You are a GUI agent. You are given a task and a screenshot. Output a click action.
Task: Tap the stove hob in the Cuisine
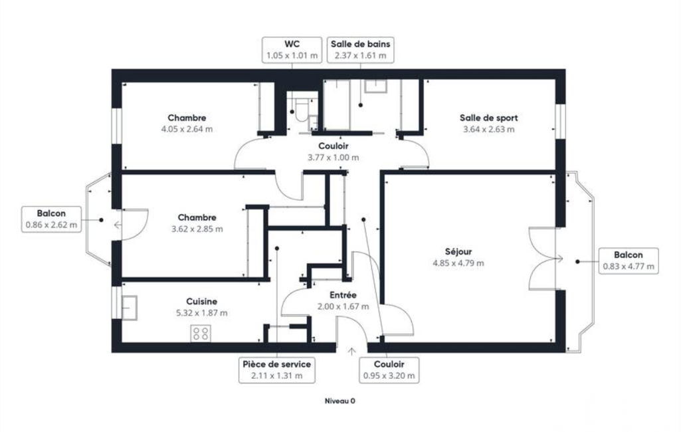pos(201,334)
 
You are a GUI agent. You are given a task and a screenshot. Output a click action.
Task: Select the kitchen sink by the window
pos(129,308)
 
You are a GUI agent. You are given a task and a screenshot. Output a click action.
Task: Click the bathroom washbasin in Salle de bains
pos(375,86)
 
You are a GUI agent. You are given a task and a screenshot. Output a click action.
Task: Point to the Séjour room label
pos(458,252)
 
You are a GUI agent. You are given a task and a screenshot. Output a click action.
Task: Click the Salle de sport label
pos(488,118)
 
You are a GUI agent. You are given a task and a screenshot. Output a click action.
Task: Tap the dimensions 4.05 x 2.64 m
pos(187,129)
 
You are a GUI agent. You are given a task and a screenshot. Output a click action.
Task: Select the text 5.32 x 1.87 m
pos(201,313)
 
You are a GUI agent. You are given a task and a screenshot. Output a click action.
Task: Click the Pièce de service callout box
pos(276,370)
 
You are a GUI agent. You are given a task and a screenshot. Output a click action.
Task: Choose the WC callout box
pos(292,50)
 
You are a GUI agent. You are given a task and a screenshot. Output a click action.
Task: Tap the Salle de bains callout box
pos(361,50)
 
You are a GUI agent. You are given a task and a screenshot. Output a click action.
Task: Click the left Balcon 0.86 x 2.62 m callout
pos(51,219)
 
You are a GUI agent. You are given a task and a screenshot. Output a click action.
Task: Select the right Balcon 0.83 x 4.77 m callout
pos(629,261)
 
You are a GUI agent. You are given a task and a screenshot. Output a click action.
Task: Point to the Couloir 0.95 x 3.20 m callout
pos(389,370)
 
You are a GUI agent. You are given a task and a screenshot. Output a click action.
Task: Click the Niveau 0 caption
pos(340,401)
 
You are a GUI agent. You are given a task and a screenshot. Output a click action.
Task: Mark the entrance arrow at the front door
pos(351,352)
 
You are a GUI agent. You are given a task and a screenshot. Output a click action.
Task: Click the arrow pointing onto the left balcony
pos(118,225)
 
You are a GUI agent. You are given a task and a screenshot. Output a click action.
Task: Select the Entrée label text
pos(343,295)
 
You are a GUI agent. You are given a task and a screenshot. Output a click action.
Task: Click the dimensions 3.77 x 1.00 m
pos(333,158)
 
